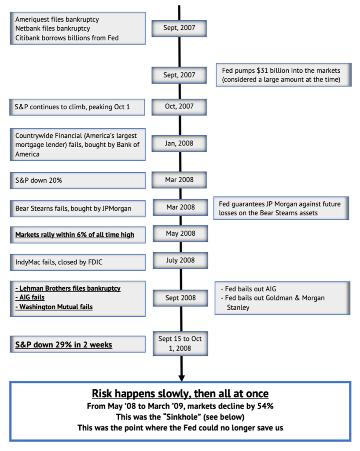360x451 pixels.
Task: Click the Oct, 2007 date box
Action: click(179, 107)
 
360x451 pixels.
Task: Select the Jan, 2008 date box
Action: click(179, 144)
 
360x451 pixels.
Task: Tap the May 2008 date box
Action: click(180, 233)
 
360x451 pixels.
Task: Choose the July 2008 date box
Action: click(180, 260)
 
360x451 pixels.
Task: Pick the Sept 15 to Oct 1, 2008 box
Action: click(180, 344)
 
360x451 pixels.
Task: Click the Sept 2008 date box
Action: click(180, 298)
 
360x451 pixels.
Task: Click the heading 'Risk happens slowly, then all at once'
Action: click(180, 393)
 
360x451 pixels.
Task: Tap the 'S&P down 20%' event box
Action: click(77, 181)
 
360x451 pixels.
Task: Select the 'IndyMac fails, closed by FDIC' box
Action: click(77, 262)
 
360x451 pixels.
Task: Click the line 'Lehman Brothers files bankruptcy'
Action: click(68, 288)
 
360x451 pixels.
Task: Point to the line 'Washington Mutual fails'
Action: click(54, 307)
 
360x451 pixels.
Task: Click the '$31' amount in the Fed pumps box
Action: click(262, 70)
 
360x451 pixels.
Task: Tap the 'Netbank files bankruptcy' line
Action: click(52, 29)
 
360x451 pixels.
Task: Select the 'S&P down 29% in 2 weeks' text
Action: click(63, 344)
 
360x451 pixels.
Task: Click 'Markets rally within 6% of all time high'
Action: click(75, 235)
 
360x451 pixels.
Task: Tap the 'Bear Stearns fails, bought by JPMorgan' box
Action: click(77, 208)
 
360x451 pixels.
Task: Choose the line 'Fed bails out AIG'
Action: click(249, 289)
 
